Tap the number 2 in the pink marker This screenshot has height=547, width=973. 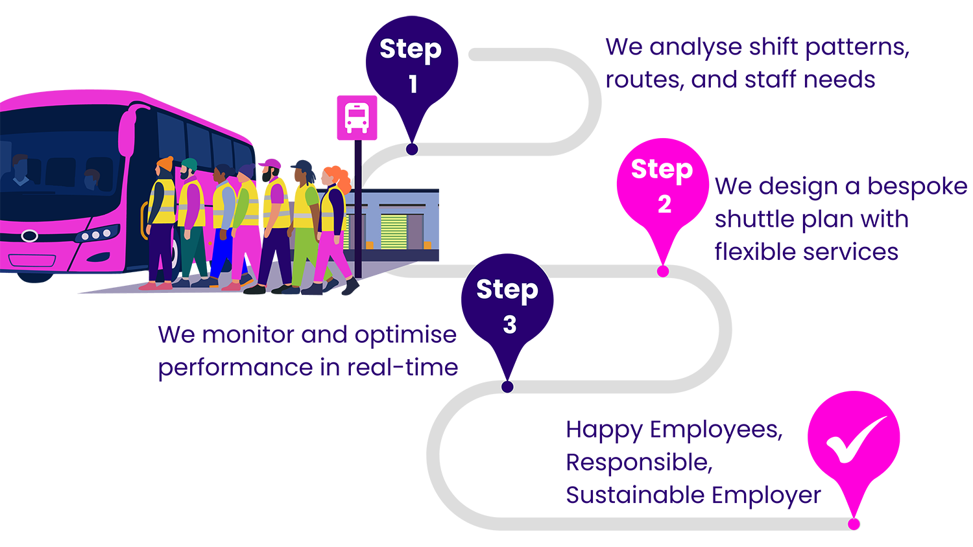click(x=664, y=204)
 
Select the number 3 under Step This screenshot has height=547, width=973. click(x=510, y=324)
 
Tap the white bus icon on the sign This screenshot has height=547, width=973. click(x=357, y=117)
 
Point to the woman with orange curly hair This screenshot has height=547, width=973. click(x=335, y=214)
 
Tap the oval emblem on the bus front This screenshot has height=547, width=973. click(x=30, y=236)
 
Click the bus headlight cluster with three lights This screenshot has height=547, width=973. click(x=97, y=234)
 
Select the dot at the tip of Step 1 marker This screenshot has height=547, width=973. click(x=412, y=150)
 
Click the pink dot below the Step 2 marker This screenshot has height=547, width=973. click(x=662, y=272)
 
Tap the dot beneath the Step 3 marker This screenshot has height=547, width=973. click(x=507, y=387)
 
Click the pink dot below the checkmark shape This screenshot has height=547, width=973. click(x=854, y=524)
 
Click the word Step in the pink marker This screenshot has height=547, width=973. click(x=662, y=169)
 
